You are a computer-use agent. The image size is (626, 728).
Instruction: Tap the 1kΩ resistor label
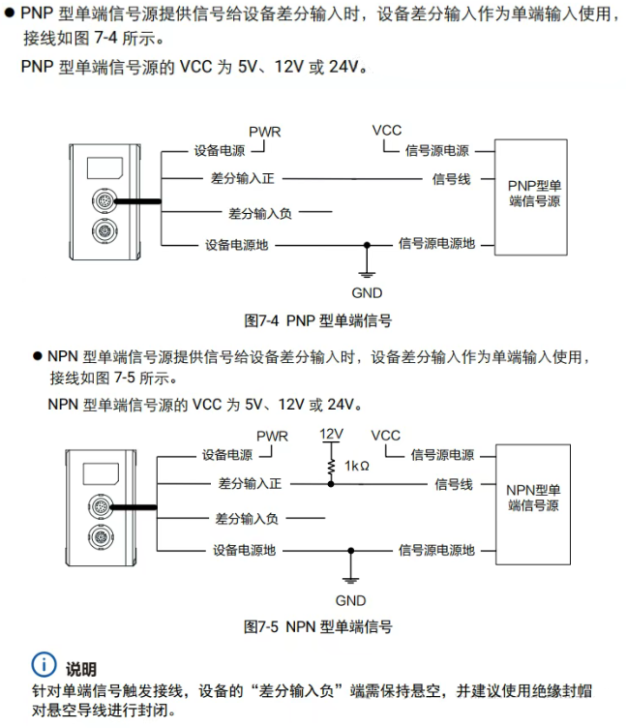click(x=356, y=466)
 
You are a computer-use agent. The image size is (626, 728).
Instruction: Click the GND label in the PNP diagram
click(x=368, y=293)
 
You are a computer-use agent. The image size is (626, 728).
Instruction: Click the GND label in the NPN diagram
click(x=350, y=600)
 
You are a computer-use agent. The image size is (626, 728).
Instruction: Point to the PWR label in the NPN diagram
click(x=272, y=437)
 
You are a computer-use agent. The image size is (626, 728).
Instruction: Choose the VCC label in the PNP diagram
click(x=386, y=131)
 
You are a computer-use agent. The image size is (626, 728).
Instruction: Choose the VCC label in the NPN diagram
click(x=385, y=436)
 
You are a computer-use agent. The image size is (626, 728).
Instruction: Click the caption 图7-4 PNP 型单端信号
click(x=318, y=319)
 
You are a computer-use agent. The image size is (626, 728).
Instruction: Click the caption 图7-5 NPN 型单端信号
click(x=318, y=626)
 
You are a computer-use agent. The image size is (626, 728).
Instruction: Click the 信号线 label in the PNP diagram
click(x=451, y=179)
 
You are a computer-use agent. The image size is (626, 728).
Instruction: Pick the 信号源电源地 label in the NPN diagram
click(x=436, y=550)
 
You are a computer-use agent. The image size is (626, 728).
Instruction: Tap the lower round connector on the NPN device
click(x=101, y=538)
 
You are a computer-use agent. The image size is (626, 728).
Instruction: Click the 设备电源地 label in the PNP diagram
click(x=236, y=245)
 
